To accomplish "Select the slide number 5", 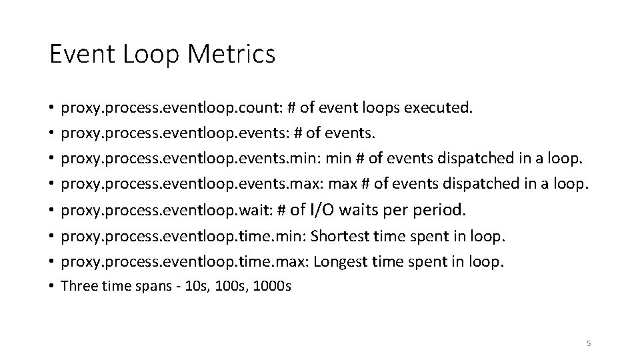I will point(588,343).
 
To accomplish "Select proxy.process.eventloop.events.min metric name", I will point(179,159).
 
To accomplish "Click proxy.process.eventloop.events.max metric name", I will point(180,184).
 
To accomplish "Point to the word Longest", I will point(342,262).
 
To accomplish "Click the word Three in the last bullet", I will point(77,287).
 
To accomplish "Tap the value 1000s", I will point(273,287).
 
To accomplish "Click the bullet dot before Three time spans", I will point(51,287).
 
